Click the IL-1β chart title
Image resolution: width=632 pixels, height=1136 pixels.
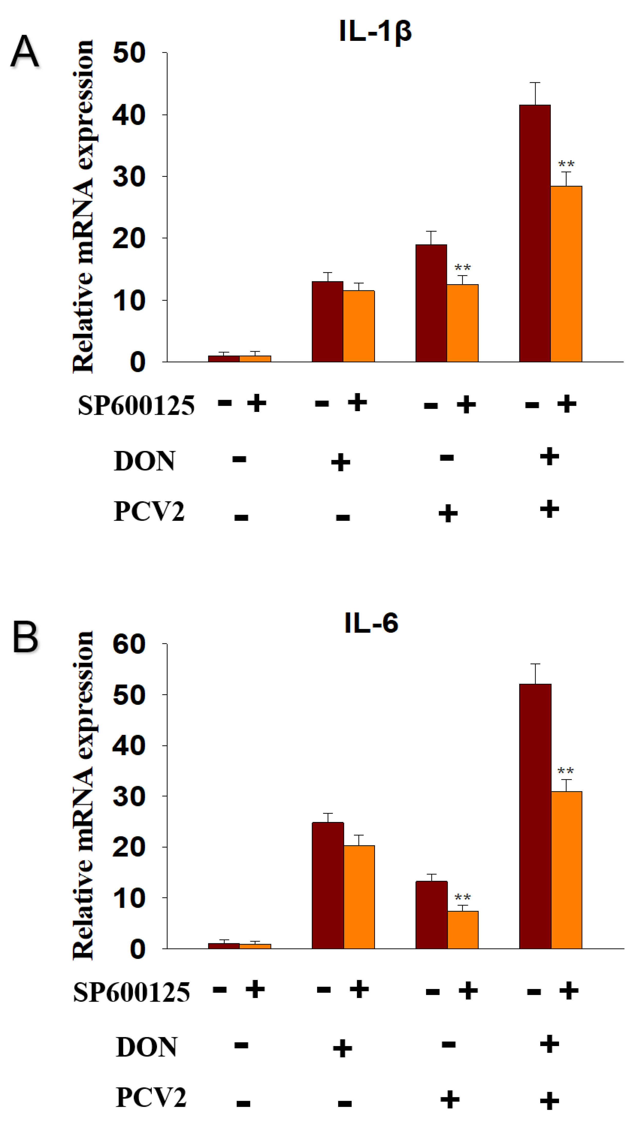tap(375, 32)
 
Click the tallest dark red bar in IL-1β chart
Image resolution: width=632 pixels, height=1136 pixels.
tap(535, 234)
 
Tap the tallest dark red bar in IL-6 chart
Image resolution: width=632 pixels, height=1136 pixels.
tap(535, 816)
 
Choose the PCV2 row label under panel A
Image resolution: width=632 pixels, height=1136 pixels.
tap(149, 512)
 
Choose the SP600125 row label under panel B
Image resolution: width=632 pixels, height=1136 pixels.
tap(131, 992)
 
